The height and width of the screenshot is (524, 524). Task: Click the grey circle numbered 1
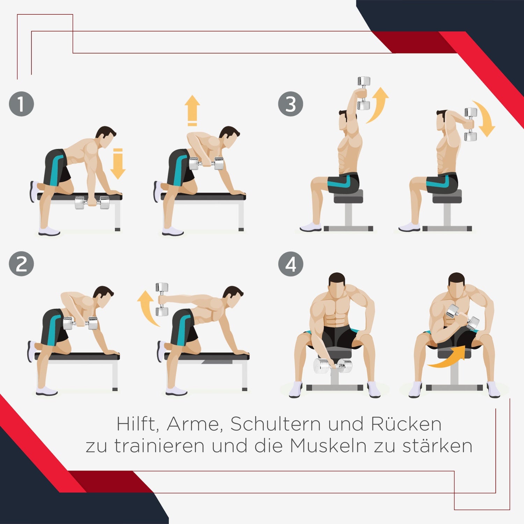pos(21,104)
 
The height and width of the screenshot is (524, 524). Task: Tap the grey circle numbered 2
pos(21,264)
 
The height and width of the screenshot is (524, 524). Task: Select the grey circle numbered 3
pos(291,104)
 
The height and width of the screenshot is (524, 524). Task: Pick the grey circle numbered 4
pos(291,264)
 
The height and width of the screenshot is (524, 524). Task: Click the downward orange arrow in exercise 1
pos(118,163)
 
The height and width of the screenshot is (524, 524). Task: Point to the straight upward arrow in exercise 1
pos(192,110)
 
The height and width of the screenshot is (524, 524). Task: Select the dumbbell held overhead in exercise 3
pos(364,93)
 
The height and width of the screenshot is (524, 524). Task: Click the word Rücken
pos(406,424)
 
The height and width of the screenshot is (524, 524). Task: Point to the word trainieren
pos(159,446)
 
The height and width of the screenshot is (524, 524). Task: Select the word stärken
pos(437,446)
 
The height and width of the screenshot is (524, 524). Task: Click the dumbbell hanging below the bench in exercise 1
pos(93,203)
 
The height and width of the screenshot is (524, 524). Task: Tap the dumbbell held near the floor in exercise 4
pos(333,366)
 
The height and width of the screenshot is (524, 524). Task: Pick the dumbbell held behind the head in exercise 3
pos(471,124)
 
